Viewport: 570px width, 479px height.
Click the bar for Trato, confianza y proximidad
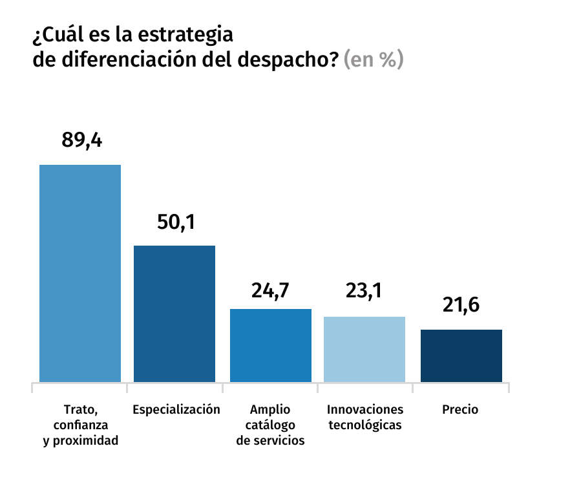click(x=80, y=273)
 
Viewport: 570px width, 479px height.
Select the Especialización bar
click(x=174, y=314)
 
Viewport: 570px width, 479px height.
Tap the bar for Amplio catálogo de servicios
click(x=271, y=345)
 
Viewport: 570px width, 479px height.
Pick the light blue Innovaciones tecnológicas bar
click(x=364, y=349)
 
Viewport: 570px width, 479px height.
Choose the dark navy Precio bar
click(x=461, y=356)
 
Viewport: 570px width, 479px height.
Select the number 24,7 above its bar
click(x=270, y=290)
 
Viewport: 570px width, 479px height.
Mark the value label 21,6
click(x=461, y=304)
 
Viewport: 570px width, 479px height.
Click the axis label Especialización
click(x=176, y=409)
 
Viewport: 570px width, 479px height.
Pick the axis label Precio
click(x=460, y=409)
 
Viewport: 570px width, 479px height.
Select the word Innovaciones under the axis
click(x=365, y=409)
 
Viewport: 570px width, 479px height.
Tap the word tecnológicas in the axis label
click(x=365, y=425)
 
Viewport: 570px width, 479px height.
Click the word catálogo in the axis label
click(x=270, y=425)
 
